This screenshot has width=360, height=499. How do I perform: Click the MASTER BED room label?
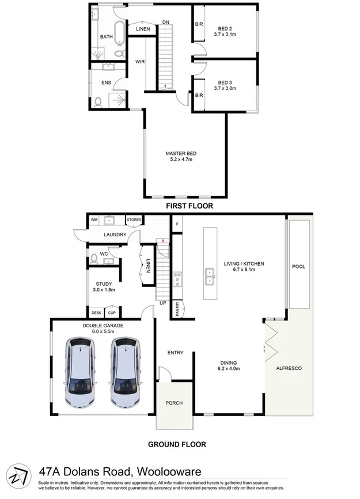coord(181,153)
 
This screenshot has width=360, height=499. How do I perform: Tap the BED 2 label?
coord(225,28)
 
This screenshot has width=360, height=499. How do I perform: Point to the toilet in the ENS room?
coord(98,102)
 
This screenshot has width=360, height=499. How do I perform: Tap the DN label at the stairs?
coord(166,22)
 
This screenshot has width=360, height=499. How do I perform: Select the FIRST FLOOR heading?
coord(190,206)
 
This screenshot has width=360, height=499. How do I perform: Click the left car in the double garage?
coord(80,373)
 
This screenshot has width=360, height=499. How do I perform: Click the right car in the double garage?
coord(126,373)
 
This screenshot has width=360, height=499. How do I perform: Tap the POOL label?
coord(298,267)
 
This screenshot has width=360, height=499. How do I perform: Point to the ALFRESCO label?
coord(290,368)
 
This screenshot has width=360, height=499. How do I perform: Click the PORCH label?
coord(174,403)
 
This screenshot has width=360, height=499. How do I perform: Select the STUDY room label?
coord(104,283)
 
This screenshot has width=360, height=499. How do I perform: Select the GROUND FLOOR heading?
coord(177,444)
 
